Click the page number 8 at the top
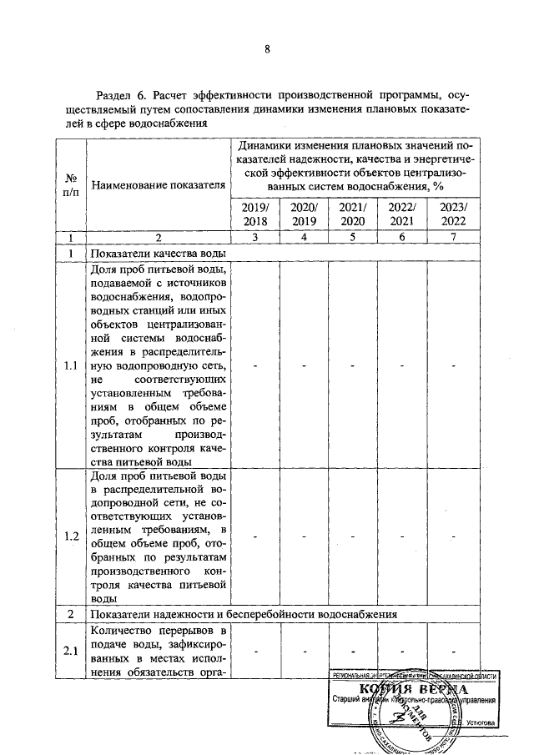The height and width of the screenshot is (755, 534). [x=267, y=49]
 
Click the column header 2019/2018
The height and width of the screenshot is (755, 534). [x=255, y=214]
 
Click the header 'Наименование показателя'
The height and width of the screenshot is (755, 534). [x=158, y=184]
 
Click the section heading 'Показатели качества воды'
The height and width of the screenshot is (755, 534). [x=159, y=254]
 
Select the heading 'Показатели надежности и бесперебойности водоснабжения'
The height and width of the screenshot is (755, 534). [x=244, y=613]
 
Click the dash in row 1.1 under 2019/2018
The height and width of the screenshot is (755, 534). [x=255, y=366]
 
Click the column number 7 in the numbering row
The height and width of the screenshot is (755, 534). [x=453, y=238]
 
